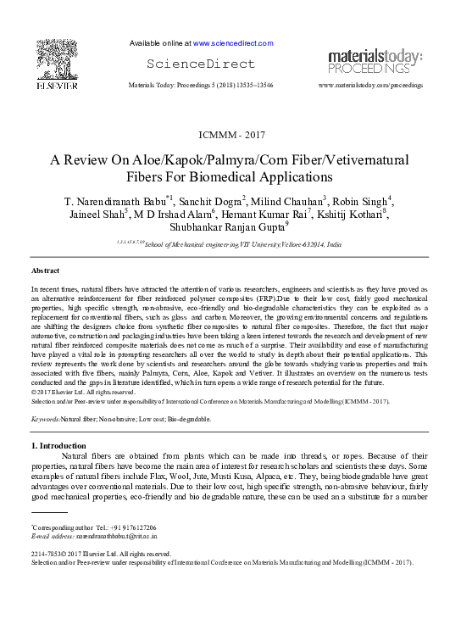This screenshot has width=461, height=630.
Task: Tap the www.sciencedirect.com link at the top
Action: coord(233,43)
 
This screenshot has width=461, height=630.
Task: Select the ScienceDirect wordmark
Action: coord(201,64)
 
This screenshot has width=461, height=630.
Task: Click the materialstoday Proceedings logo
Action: coord(375,60)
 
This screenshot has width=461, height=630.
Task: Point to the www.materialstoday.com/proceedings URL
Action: coord(370,86)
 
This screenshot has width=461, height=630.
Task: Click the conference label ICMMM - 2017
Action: coord(230,136)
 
